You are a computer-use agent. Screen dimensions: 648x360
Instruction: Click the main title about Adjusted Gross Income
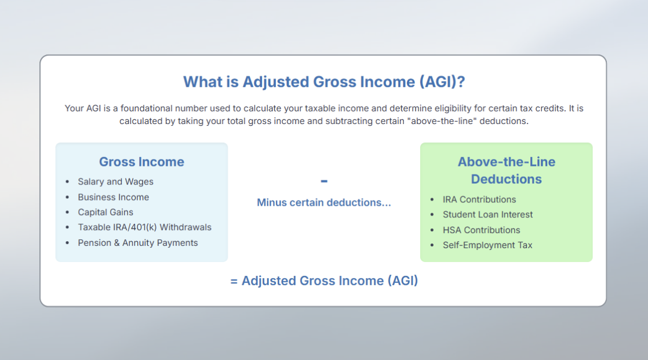(324, 82)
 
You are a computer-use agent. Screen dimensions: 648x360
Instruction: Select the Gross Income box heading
(141, 162)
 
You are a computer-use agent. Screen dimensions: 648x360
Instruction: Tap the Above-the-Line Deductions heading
(506, 170)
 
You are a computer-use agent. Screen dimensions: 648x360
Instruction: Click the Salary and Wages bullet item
(115, 182)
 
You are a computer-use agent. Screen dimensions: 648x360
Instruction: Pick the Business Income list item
(113, 197)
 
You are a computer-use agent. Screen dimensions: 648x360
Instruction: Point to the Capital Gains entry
(105, 212)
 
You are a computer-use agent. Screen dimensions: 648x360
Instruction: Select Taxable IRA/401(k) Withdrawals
(145, 227)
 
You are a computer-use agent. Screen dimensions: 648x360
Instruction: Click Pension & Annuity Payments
(137, 243)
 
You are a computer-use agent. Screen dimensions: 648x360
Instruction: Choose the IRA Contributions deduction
(479, 199)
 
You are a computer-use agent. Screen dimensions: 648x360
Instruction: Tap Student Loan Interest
(487, 214)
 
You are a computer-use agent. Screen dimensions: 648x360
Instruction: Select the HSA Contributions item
(482, 230)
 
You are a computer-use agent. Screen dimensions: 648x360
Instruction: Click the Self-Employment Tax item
(487, 245)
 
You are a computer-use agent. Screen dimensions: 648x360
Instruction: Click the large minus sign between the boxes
(324, 181)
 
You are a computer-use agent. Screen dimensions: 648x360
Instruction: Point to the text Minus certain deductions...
(323, 202)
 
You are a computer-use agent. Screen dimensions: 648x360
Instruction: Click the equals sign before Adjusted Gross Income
(234, 282)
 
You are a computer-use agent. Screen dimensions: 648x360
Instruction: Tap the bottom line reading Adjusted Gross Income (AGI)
(324, 281)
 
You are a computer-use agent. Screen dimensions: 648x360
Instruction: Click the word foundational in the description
(146, 108)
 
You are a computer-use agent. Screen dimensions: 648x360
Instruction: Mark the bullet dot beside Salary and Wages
(67, 182)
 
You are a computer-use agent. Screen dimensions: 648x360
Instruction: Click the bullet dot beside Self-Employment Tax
(432, 245)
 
